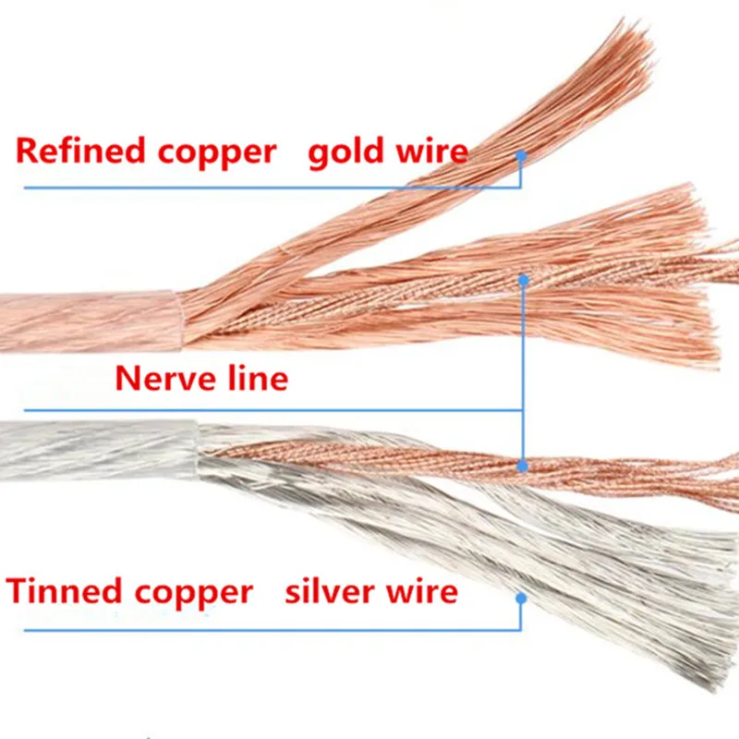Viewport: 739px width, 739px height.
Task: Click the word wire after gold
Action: coord(433,151)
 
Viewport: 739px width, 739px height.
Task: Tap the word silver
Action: coord(331,590)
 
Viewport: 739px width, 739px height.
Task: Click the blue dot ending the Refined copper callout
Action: coord(521,157)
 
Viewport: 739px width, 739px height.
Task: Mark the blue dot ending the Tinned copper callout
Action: coord(521,599)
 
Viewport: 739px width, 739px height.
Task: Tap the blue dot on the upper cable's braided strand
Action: coord(524,277)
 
